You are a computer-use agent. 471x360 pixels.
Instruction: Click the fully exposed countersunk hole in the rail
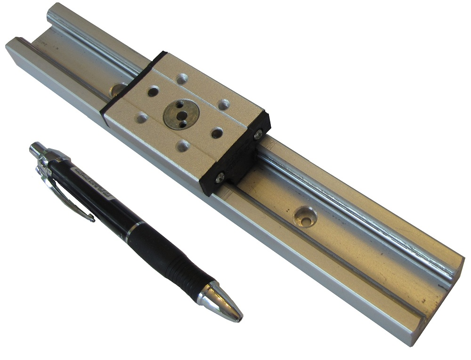tap(304, 216)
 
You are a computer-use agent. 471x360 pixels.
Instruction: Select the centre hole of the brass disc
tap(179, 112)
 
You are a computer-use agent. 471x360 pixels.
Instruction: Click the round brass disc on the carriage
tap(181, 113)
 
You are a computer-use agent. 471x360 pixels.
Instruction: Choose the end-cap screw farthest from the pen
tap(258, 135)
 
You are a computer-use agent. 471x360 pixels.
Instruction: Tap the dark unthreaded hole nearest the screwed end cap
tap(217, 134)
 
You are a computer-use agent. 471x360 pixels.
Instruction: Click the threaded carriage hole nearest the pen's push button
tap(142, 118)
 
